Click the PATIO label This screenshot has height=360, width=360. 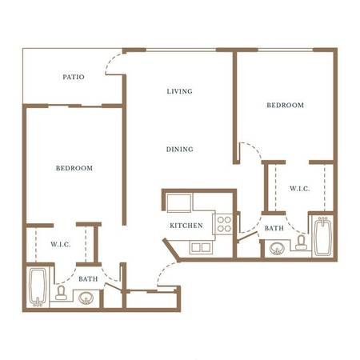pos(74,77)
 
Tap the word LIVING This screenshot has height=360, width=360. pos(179,91)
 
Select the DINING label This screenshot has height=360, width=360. pos(180,150)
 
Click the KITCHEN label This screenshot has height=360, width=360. pos(186,226)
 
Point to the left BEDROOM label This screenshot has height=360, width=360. pos(74,168)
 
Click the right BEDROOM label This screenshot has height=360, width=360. pos(286,105)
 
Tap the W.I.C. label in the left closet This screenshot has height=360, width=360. pos(61,244)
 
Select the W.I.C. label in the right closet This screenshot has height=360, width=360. pos(300,189)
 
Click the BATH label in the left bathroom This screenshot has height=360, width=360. pos(88,279)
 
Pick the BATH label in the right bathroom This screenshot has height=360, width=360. pos(274,228)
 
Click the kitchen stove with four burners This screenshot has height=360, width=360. pos(223,224)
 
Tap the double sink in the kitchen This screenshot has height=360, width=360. pos(201,247)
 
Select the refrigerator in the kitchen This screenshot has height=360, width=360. pos(179,202)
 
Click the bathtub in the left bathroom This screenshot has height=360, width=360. pos(38,287)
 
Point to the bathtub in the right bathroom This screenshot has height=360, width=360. pos(323,236)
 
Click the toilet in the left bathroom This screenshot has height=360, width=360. pos(61,293)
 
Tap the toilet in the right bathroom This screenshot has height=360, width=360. pos(301,242)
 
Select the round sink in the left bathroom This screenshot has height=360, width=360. pos(86,298)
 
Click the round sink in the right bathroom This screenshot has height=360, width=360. pos(277,249)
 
